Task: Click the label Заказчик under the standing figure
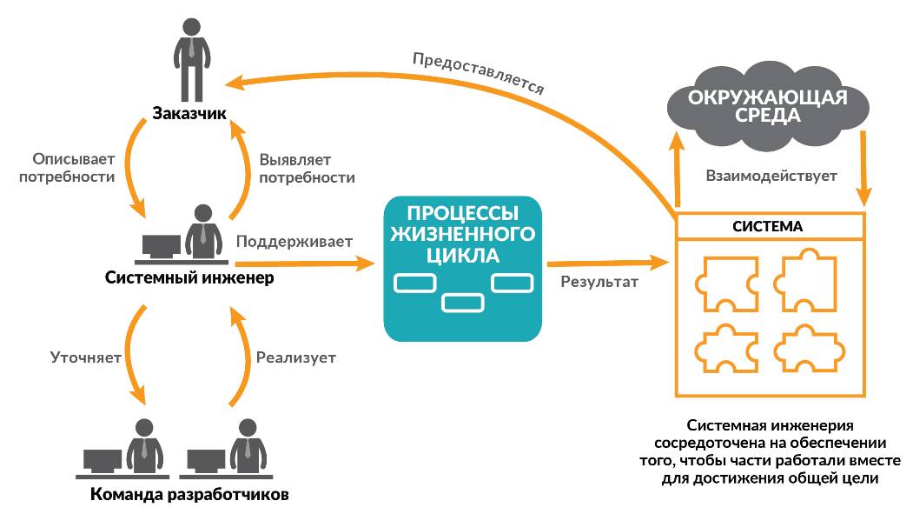pyautogui.click(x=189, y=113)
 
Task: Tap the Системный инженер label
pyautogui.click(x=189, y=278)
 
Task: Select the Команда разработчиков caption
pyautogui.click(x=189, y=496)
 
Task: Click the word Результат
pyautogui.click(x=599, y=281)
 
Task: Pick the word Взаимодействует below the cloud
pyautogui.click(x=771, y=176)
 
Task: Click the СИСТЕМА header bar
pyautogui.click(x=771, y=226)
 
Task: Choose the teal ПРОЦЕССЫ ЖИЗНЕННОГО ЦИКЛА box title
pyautogui.click(x=462, y=233)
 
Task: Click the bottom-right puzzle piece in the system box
pyautogui.click(x=807, y=350)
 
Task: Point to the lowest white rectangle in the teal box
pyautogui.click(x=462, y=302)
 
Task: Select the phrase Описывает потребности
pyautogui.click(x=73, y=168)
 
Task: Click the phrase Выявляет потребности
pyautogui.click(x=307, y=168)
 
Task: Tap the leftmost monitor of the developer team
pyautogui.click(x=103, y=460)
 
